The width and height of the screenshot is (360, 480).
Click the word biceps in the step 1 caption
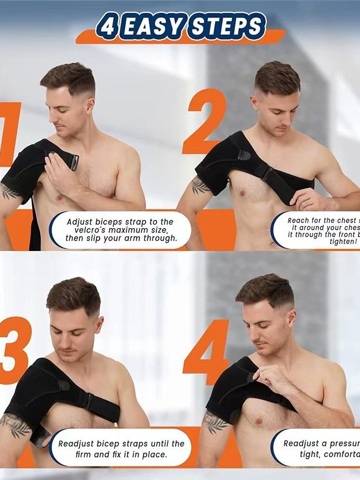pyautogui.click(x=108, y=222)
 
